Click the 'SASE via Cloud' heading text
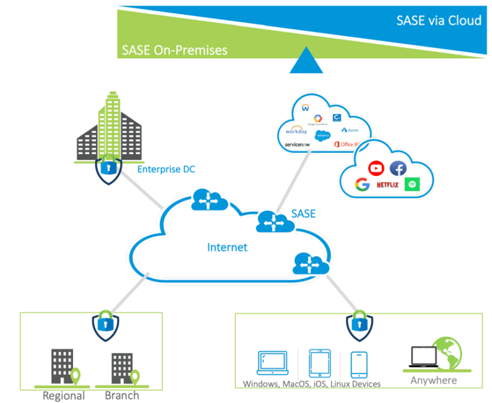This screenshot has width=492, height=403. point(438,20)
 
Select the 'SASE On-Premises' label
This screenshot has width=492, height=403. point(174,50)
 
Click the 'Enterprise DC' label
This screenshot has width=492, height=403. point(166,169)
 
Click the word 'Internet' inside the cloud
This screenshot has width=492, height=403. point(227,247)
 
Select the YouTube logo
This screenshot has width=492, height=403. point(376,168)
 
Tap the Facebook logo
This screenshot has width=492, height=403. point(398,168)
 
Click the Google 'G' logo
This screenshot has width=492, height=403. point(363,185)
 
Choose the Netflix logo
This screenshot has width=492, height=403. point(388,186)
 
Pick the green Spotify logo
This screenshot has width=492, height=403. point(413,185)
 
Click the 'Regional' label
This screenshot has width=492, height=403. point(63,395)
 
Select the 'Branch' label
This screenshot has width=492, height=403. point(122,395)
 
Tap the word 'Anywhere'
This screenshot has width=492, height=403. point(434,380)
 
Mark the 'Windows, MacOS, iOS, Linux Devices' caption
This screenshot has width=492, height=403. point(311,384)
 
